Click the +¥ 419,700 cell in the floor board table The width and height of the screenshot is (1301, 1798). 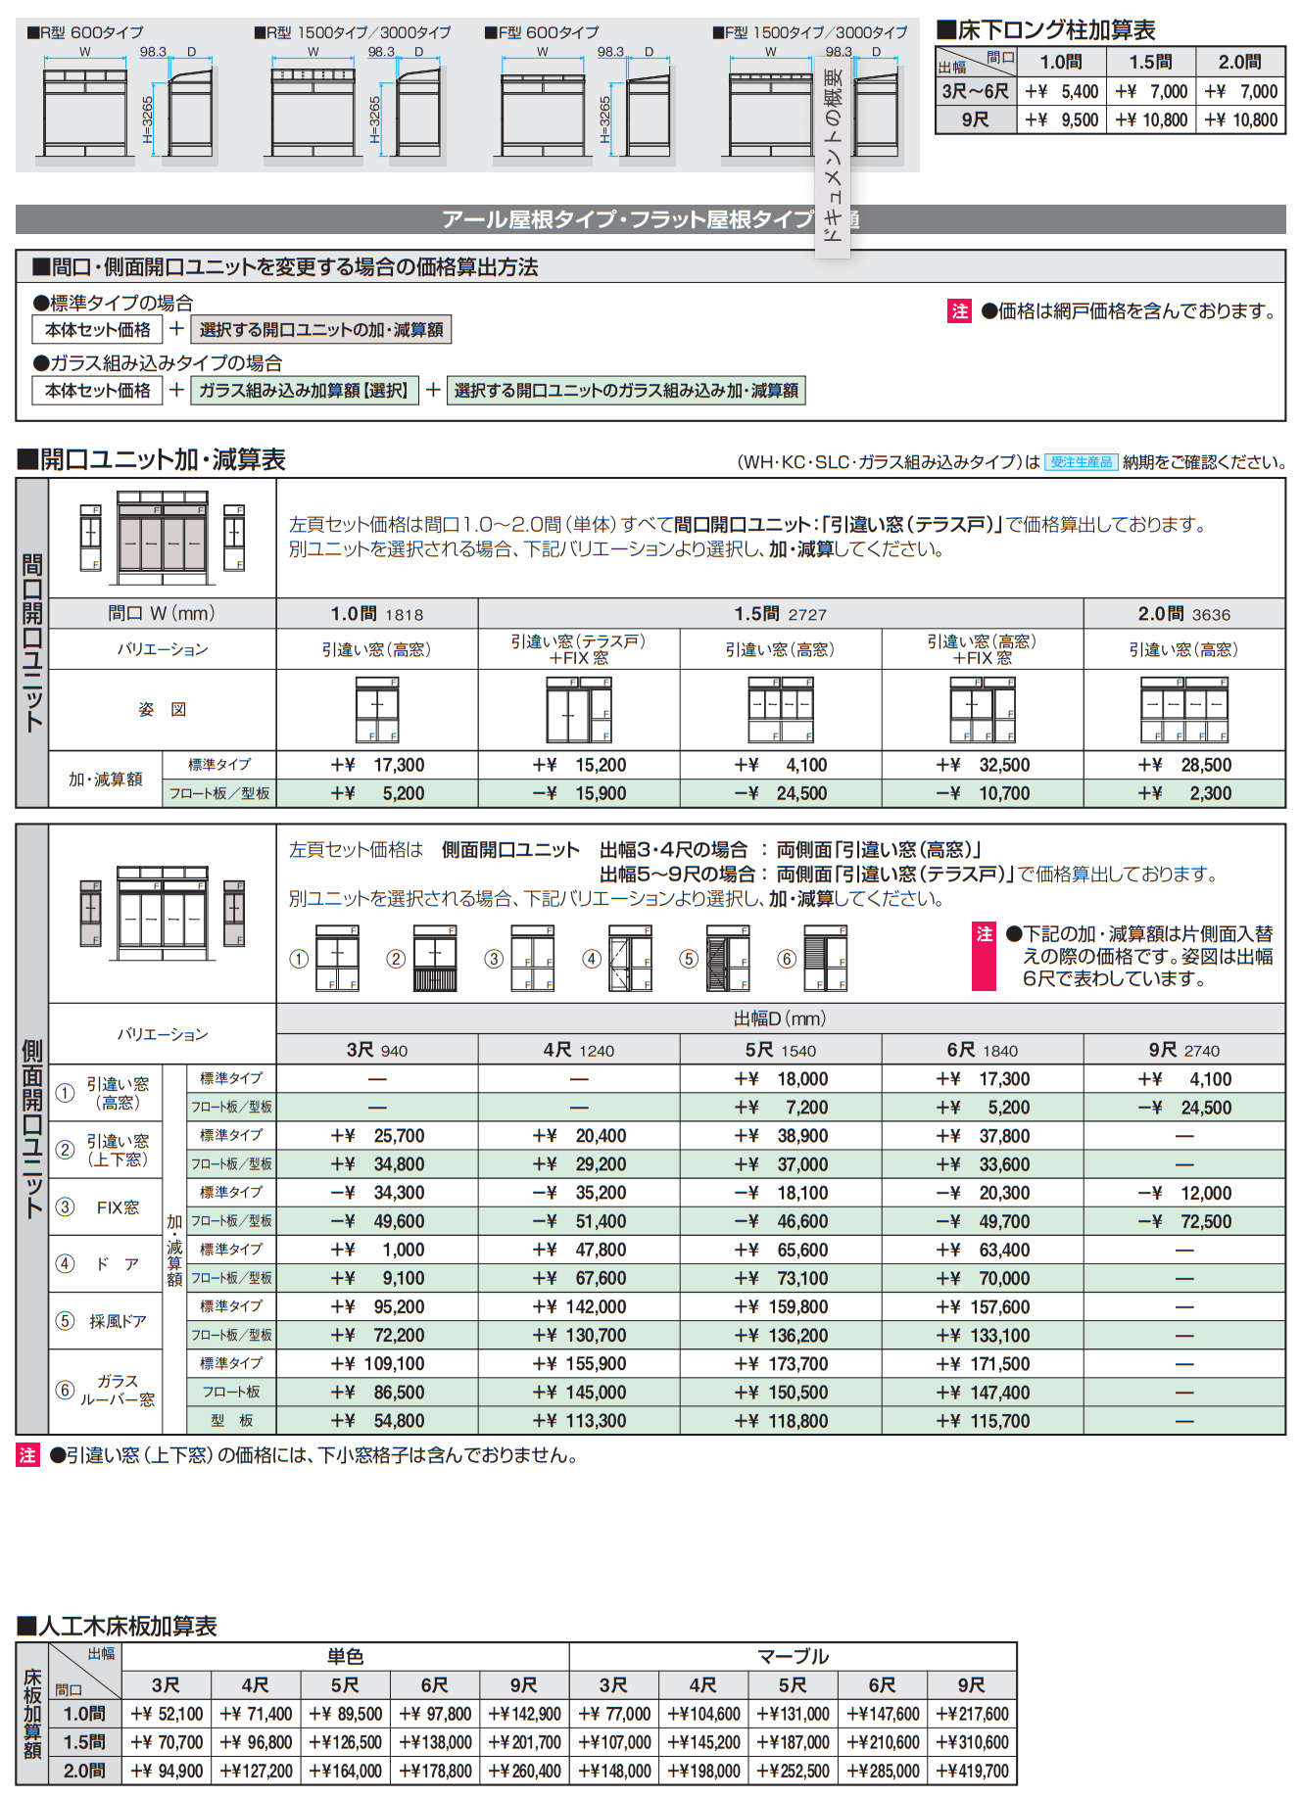pyautogui.click(x=972, y=1771)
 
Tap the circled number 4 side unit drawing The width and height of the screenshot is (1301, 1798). pyautogui.click(x=631, y=959)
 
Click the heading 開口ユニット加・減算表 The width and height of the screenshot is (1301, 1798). pyautogui.click(x=152, y=459)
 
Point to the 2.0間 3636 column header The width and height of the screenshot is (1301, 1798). pyautogui.click(x=1183, y=614)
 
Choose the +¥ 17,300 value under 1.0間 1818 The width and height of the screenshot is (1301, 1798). pyautogui.click(x=377, y=765)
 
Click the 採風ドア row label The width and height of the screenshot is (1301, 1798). pyautogui.click(x=118, y=1321)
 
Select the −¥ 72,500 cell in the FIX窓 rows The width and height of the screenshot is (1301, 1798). pyautogui.click(x=1183, y=1221)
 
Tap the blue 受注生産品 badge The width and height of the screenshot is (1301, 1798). pyautogui.click(x=1081, y=462)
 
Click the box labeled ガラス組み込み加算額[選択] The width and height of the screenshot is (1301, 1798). pyautogui.click(x=304, y=391)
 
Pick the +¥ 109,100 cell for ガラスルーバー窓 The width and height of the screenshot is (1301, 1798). pyautogui.click(x=377, y=1363)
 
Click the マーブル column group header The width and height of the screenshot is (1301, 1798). pyautogui.click(x=793, y=1656)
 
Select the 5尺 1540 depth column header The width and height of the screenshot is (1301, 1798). pyautogui.click(x=780, y=1051)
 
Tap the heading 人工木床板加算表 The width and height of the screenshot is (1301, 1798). pyautogui.click(x=118, y=1627)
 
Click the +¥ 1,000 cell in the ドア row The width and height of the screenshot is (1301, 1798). pyautogui.click(x=377, y=1250)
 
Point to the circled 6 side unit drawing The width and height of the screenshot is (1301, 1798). pyautogui.click(x=826, y=959)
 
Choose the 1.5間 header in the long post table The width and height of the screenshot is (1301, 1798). pyautogui.click(x=1150, y=63)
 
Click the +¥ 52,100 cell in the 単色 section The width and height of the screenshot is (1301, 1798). pyautogui.click(x=167, y=1714)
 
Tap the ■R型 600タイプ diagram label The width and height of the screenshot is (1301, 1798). pyautogui.click(x=85, y=32)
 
